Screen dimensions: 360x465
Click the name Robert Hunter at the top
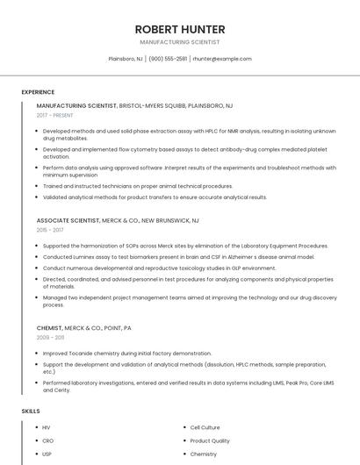179,29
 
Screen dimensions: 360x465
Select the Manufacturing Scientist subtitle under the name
179,42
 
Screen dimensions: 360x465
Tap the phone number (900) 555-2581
168,59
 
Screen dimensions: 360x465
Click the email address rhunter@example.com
222,59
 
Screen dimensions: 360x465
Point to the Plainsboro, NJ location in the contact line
126,59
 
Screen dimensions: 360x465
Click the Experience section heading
38,92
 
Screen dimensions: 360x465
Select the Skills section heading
31,411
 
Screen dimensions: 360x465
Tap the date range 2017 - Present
56,115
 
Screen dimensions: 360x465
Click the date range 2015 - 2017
50,230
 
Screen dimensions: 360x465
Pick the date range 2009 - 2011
50,337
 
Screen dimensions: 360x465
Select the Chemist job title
49,327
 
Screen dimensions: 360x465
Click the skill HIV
47,427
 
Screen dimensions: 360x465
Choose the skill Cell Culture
205,427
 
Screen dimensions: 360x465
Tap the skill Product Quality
210,440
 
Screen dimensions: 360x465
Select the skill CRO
47,440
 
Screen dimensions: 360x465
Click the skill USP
47,454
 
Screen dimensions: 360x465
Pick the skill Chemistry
204,454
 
